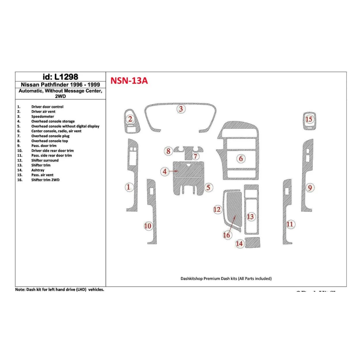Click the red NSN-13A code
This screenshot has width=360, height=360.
point(129,80)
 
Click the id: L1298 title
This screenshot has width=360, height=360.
point(60,77)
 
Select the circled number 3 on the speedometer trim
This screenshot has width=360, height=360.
point(181,109)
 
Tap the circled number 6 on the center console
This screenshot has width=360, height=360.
point(241,158)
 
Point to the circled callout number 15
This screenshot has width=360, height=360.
point(309,119)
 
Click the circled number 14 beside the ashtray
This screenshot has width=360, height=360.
point(239,244)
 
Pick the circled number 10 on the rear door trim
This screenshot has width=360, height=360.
point(148,226)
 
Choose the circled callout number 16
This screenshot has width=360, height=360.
point(227,235)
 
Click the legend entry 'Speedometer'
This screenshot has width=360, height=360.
point(43,116)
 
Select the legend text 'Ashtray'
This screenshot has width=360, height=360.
point(38,170)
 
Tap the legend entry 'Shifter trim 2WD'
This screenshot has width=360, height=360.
point(45,180)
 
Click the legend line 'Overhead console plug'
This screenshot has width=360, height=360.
point(50,136)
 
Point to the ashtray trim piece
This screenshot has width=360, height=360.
point(253,242)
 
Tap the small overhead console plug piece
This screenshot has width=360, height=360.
point(188,155)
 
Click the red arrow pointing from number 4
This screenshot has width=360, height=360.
point(173,171)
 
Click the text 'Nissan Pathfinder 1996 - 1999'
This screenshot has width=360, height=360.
point(60,85)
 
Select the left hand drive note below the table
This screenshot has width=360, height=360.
point(60,289)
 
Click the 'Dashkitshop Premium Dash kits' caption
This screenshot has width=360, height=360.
point(226,278)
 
